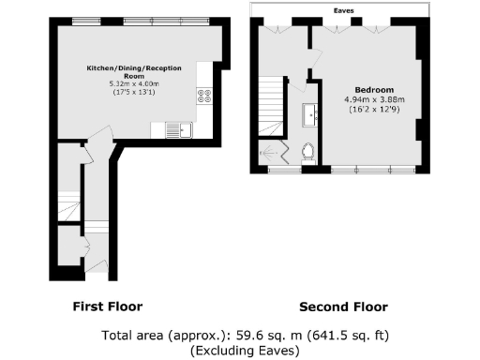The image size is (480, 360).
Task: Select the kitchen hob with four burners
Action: pos(202,97)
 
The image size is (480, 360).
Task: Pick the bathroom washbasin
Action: pos(309,116)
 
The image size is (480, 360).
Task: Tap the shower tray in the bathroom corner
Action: pos(276,153)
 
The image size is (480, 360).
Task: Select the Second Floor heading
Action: pos(343,307)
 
